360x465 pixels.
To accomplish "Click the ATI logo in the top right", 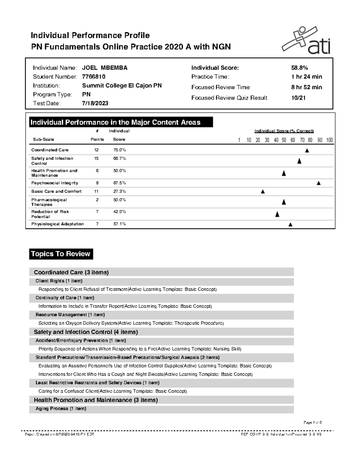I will pos(306,41).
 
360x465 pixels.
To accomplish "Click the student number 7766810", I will pos(94,77).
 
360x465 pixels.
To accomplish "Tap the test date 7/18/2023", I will pos(95,103).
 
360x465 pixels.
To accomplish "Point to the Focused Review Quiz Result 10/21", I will pos(298,98).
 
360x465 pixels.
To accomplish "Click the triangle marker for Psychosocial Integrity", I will pos(319,183).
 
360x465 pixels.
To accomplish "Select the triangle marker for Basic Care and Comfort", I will pos(263,192).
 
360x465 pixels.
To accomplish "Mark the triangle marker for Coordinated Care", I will pos(307,151).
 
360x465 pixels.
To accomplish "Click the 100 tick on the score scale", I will pos(329,140).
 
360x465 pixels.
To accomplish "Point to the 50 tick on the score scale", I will pos(284,140).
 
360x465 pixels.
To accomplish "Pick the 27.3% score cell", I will pos(119,191).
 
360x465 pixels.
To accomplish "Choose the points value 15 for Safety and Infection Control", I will pos(96,158).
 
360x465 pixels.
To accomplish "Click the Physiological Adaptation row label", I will pos(57,224).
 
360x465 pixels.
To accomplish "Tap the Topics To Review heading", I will pos(61,254).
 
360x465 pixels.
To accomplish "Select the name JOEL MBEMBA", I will pos(105,68).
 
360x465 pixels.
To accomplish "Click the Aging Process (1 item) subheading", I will pos(61,408).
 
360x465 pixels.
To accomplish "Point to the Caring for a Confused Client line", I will pos(112,391).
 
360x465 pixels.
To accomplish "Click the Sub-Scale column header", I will pos(43,140).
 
